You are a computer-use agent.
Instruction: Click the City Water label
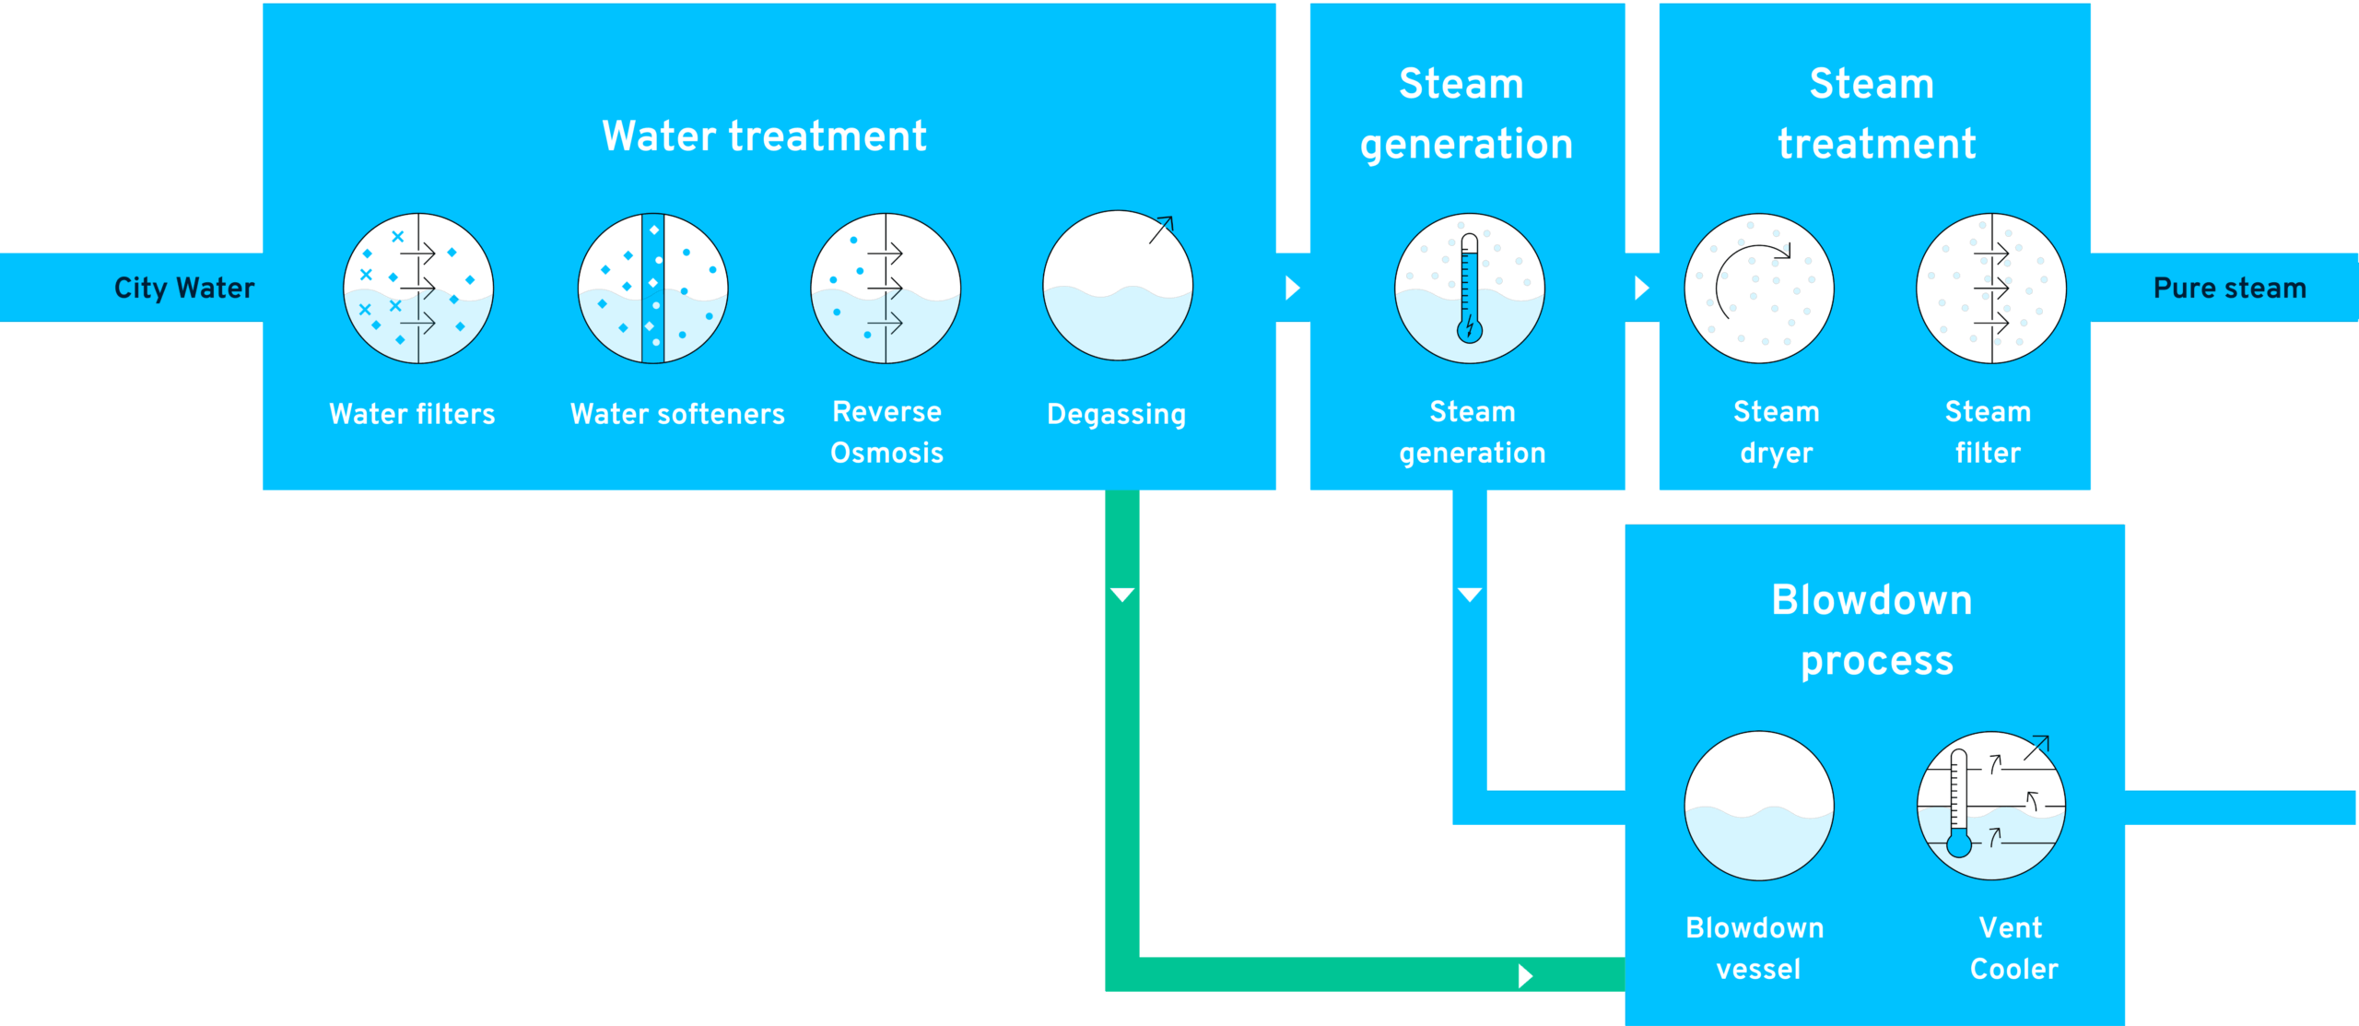(183, 289)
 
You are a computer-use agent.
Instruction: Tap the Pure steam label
(2229, 289)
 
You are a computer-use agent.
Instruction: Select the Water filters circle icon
(418, 289)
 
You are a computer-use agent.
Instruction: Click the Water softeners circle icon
(652, 289)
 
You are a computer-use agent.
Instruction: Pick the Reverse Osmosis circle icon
(886, 289)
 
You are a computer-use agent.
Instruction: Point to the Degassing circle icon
(1118, 287)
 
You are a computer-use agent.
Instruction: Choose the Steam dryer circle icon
(1758, 289)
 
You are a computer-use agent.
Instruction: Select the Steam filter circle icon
(1990, 289)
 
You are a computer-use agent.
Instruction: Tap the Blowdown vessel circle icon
(1758, 806)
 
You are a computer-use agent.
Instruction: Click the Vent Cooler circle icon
(1990, 806)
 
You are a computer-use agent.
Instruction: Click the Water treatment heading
(764, 136)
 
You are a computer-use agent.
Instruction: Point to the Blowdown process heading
(1873, 630)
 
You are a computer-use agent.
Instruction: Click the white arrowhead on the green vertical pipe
(1122, 595)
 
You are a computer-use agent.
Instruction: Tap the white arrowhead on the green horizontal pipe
(1525, 975)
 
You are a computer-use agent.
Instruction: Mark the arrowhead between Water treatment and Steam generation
(1292, 289)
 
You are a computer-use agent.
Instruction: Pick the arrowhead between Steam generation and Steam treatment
(1641, 289)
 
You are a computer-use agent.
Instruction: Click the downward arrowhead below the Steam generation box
(1470, 595)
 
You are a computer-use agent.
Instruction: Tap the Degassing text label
(1116, 415)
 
